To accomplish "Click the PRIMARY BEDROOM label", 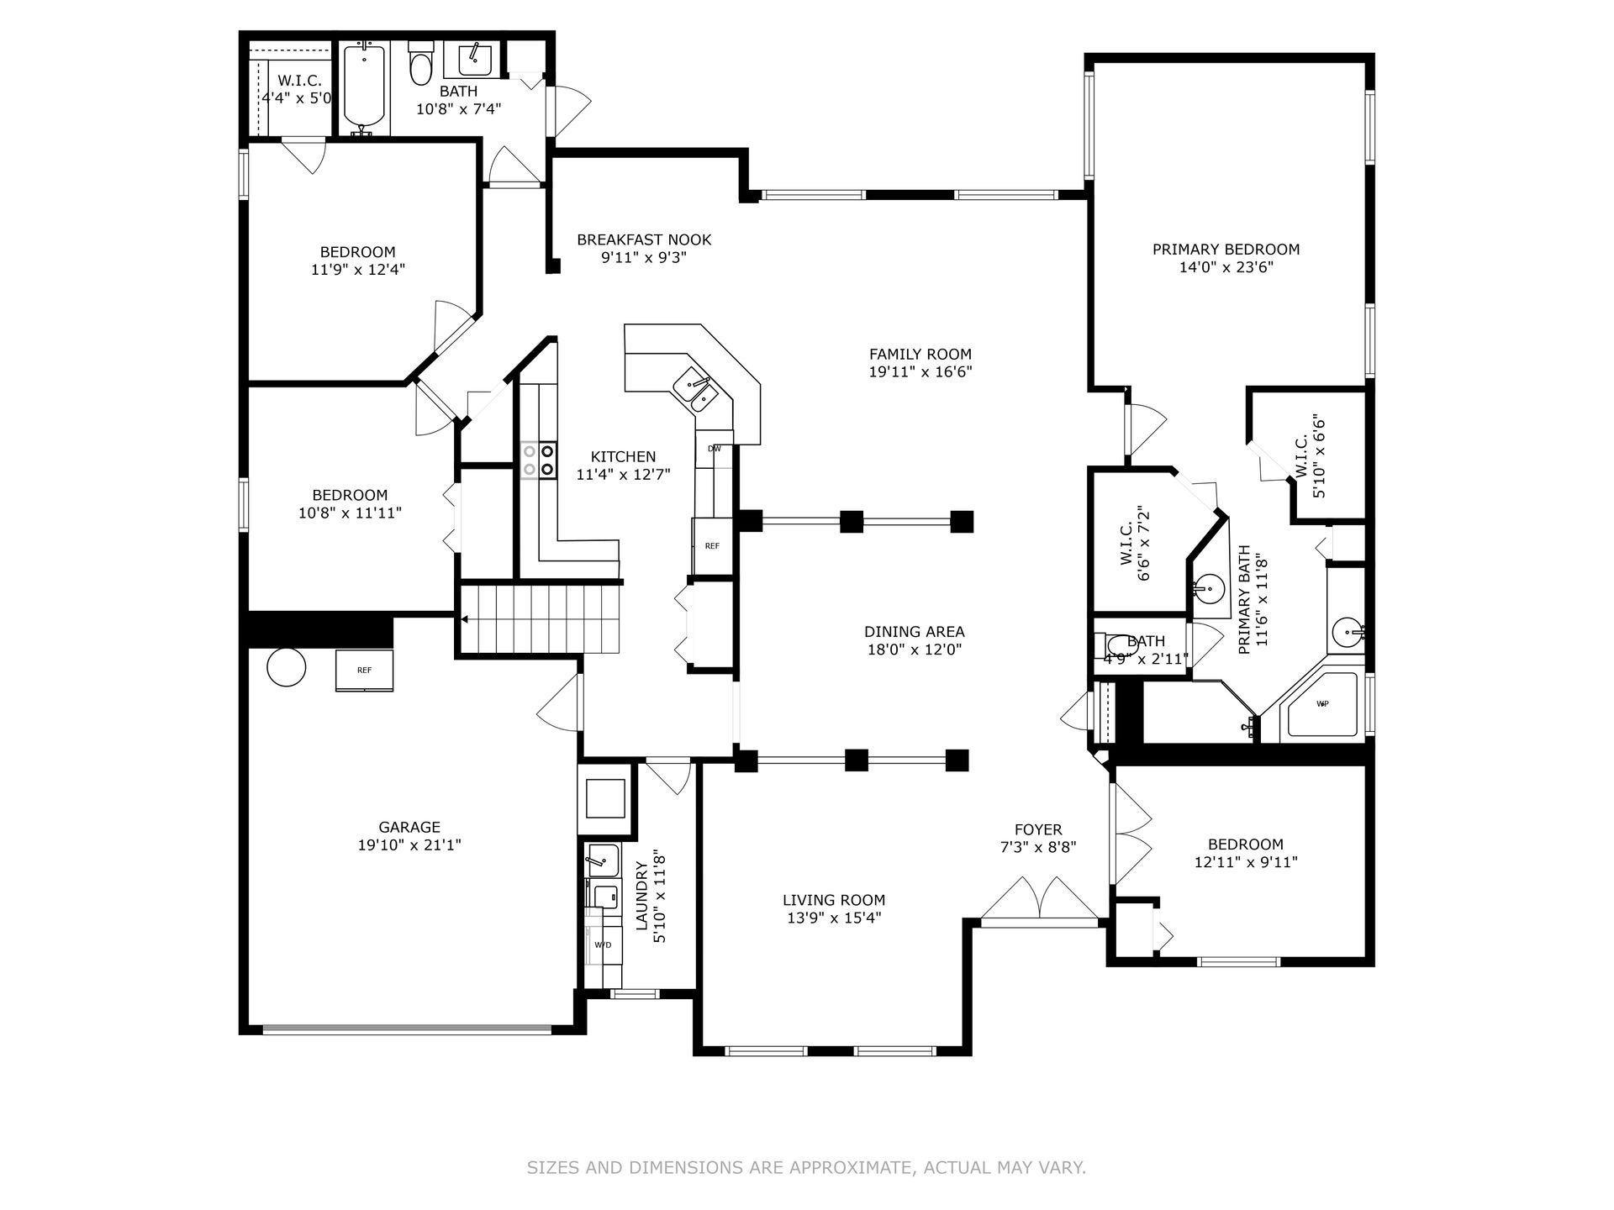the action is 1226,250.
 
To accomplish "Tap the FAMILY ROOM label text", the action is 920,355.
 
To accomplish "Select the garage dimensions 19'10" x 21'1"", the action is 409,845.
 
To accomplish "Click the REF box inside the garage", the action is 364,671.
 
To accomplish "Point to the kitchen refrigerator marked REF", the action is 713,546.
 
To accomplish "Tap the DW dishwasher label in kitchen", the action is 715,449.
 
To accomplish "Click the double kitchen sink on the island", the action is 695,392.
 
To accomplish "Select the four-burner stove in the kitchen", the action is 538,460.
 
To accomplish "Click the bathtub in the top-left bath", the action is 364,89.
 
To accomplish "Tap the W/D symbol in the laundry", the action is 603,944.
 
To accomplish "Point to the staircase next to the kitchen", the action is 539,619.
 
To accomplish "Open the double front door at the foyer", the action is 1041,899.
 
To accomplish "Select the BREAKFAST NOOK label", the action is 644,240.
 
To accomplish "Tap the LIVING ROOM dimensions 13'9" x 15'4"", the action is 834,918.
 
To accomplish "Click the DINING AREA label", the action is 915,632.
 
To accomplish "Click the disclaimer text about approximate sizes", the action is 807,1167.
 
